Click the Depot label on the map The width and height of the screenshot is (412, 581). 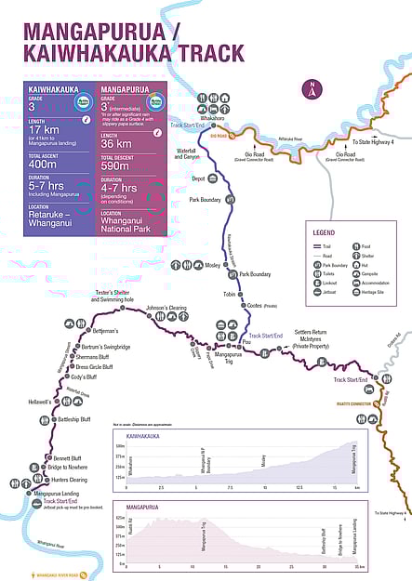[197, 178]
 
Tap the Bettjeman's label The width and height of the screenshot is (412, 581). [105, 331]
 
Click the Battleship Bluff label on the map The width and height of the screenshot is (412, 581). [74, 419]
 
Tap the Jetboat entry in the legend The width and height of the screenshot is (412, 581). [326, 292]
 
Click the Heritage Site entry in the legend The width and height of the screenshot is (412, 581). [377, 292]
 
